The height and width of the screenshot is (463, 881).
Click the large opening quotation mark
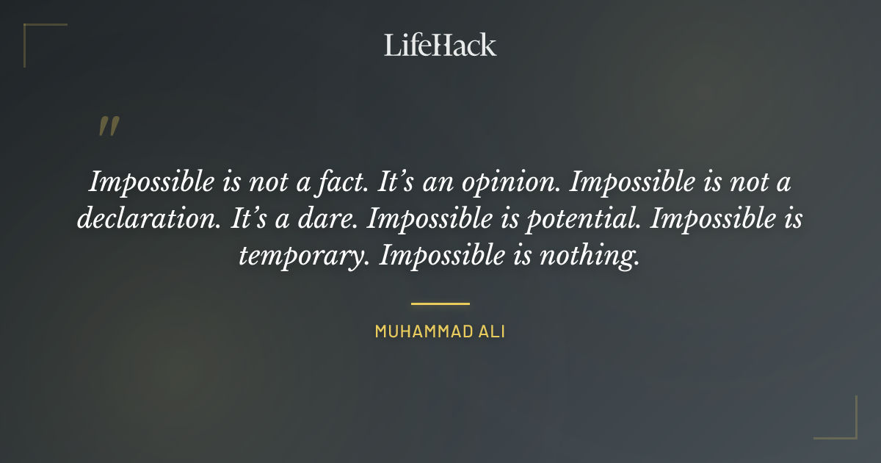coord(108,126)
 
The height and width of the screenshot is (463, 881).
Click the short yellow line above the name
coord(440,303)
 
